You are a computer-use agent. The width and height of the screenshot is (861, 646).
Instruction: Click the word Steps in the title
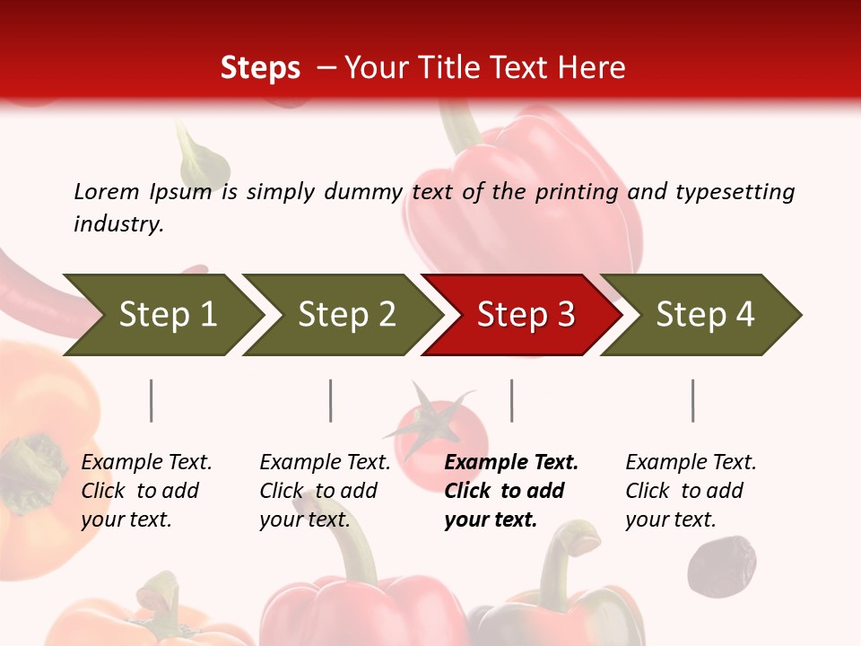pos(260,68)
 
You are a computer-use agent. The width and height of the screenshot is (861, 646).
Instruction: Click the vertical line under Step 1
pos(151,400)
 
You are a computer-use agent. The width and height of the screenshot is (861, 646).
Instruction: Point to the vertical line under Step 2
pos(331,400)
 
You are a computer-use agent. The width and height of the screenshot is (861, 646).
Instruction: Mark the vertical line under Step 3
pos(511,400)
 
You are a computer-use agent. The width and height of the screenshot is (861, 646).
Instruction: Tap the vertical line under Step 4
pos(692,400)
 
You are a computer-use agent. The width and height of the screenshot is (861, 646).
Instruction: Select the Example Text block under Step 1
pos(146,490)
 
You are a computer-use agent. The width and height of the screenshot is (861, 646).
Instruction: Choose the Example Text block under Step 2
pos(325,490)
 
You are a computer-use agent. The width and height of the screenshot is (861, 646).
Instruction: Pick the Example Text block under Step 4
pos(691,490)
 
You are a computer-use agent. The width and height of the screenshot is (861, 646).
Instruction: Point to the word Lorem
pos(107,192)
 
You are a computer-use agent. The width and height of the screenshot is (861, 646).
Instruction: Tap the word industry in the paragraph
pos(118,223)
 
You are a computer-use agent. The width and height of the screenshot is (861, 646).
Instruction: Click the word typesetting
pos(735,192)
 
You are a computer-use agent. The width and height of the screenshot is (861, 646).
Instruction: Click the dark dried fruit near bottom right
pos(721,564)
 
